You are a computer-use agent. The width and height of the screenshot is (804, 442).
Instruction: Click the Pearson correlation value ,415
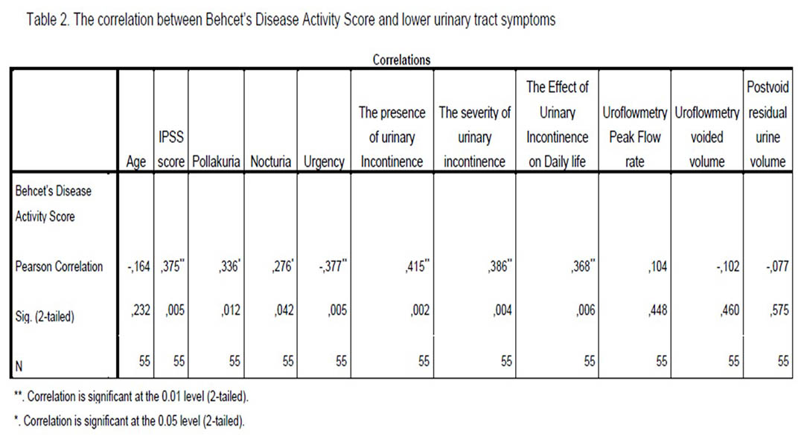pyautogui.click(x=417, y=266)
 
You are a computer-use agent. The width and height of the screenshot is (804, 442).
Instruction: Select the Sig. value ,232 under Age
pyautogui.click(x=141, y=310)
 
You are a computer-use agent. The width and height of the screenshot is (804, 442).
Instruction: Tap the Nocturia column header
pyautogui.click(x=271, y=161)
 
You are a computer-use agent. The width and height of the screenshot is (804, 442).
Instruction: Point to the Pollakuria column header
pyautogui.click(x=216, y=161)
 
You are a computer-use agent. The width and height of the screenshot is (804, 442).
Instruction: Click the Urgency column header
pyautogui.click(x=324, y=162)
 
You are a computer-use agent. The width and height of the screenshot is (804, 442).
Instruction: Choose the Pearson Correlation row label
pyautogui.click(x=59, y=266)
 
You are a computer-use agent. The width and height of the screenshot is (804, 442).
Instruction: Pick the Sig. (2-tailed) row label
pyautogui.click(x=45, y=316)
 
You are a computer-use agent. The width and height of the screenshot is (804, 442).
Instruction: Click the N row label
pyautogui.click(x=19, y=366)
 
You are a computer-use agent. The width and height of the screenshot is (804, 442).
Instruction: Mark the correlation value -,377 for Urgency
pyautogui.click(x=333, y=266)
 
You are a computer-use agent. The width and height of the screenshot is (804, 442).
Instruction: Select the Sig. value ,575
pyautogui.click(x=779, y=310)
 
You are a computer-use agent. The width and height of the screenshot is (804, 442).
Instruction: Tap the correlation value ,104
pyautogui.click(x=657, y=266)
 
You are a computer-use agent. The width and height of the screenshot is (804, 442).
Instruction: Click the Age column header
pyautogui.click(x=136, y=162)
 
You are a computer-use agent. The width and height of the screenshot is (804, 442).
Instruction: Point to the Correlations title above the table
pyautogui.click(x=401, y=60)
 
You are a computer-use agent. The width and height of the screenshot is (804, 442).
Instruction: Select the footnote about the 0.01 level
pyautogui.click(x=131, y=397)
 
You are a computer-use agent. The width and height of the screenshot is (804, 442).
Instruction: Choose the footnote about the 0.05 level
pyautogui.click(x=130, y=421)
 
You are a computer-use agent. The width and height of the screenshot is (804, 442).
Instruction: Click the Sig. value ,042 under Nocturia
pyautogui.click(x=284, y=310)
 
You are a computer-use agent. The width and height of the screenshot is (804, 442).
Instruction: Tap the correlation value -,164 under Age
pyautogui.click(x=139, y=266)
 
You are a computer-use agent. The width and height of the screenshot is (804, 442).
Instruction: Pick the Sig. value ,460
pyautogui.click(x=730, y=310)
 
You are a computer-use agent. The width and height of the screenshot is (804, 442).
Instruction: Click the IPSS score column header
pyautogui.click(x=170, y=150)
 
